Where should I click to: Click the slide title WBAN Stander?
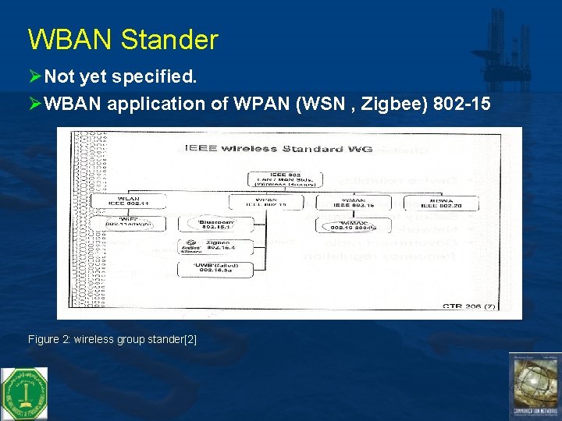tap(123, 39)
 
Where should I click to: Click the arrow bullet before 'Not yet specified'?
tap(34, 77)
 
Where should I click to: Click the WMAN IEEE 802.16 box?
tap(354, 201)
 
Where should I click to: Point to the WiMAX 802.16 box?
tap(354, 225)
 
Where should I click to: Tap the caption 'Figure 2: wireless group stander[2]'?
tap(112, 339)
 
